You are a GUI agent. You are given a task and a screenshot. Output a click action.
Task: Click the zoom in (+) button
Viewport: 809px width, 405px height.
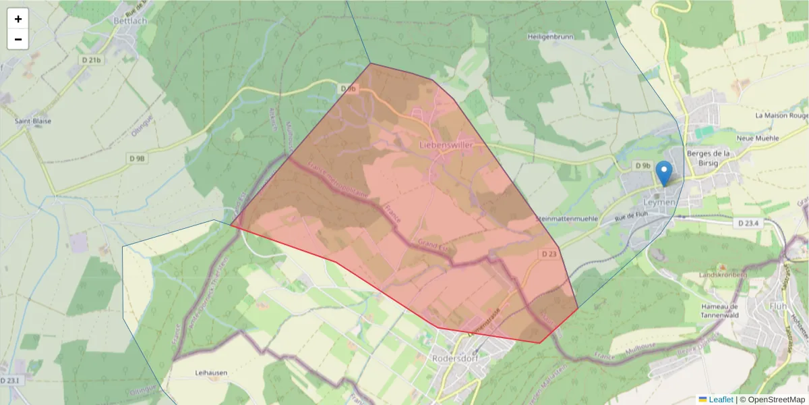point(18,20)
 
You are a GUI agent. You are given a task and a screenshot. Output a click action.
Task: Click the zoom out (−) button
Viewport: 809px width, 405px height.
point(18,39)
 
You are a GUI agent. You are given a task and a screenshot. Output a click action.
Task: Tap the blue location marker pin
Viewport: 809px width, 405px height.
point(665,173)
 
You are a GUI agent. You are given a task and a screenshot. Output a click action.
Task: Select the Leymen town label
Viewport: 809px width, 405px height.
point(659,202)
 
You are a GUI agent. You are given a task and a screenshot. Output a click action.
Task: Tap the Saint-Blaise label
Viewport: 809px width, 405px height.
point(33,122)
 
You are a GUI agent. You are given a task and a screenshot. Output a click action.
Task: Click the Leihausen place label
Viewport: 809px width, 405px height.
point(211,373)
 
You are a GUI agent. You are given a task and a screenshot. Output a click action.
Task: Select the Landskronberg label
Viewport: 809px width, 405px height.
point(724,275)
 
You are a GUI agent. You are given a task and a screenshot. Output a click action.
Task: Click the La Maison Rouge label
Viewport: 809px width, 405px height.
point(781,115)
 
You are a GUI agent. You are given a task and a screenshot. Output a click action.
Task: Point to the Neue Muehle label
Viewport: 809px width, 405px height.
point(758,138)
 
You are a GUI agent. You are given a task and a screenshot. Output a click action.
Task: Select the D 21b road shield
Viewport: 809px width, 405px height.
point(91,61)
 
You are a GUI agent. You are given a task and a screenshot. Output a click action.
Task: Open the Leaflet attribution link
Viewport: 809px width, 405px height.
point(721,400)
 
